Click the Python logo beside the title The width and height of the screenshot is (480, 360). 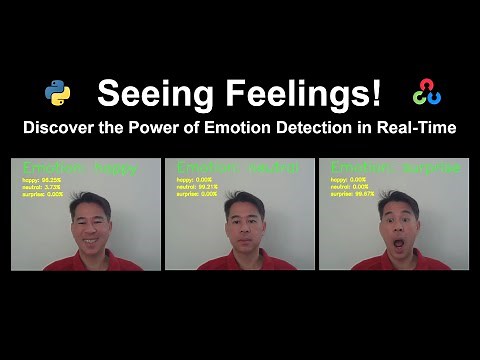(x=57, y=94)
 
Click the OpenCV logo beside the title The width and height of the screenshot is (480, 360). (x=426, y=94)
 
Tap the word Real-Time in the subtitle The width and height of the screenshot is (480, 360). (x=420, y=128)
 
